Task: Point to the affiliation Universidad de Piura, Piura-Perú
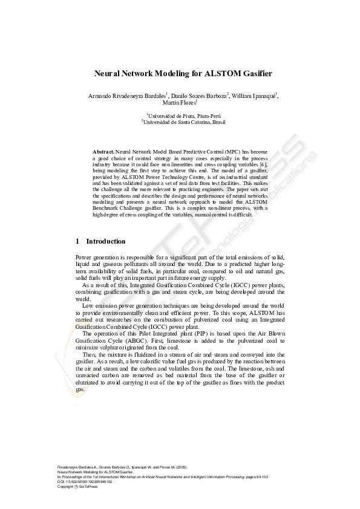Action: click(180, 115)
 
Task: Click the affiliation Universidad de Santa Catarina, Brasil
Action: click(180, 122)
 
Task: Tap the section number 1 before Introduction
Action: click(77, 241)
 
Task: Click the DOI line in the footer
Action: click(85, 482)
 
